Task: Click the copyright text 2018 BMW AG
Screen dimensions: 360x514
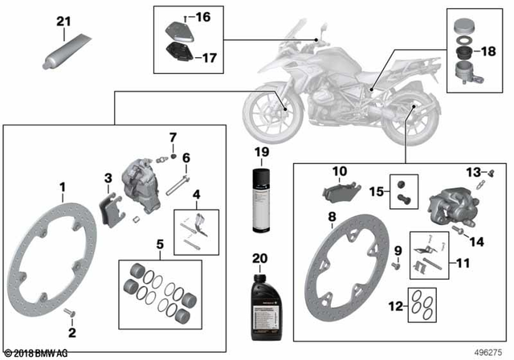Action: [37, 353]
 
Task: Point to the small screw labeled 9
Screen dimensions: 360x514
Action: [397, 264]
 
